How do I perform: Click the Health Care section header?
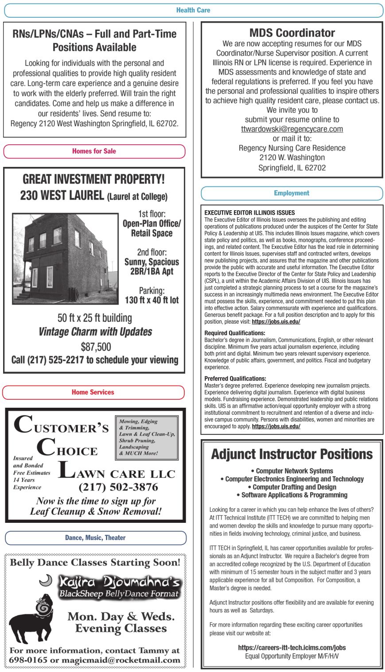point(193,10)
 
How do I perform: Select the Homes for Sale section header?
point(94,151)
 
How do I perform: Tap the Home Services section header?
point(93,392)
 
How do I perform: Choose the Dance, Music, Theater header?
point(95,538)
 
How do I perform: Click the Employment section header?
point(292,193)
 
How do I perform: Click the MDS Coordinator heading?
point(292,33)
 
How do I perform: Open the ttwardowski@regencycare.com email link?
point(292,129)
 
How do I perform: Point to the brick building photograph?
point(65,259)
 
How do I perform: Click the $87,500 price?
point(96,347)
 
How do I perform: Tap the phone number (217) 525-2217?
point(55,360)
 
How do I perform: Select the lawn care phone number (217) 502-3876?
point(118,487)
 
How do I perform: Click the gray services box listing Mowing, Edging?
point(147,437)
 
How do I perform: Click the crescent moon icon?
point(46,580)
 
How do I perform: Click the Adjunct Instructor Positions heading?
point(292,454)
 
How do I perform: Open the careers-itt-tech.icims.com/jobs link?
point(292,647)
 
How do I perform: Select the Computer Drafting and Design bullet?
point(292,487)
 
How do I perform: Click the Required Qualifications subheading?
point(235,333)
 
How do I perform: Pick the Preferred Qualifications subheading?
point(235,378)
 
